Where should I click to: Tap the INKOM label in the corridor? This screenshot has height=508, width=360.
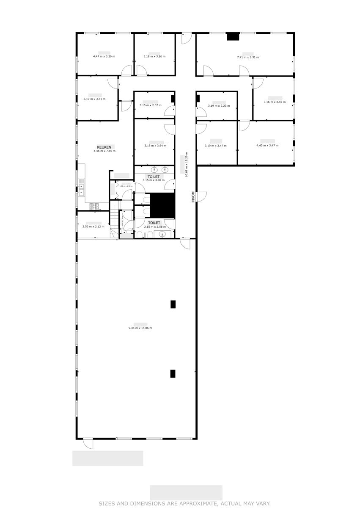pyautogui.click(x=193, y=197)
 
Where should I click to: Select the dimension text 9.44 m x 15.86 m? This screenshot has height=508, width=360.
pyautogui.click(x=140, y=328)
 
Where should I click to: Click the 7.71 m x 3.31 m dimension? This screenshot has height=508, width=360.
pyautogui.click(x=248, y=57)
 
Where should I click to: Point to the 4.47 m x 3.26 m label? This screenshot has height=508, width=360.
pyautogui.click(x=104, y=56)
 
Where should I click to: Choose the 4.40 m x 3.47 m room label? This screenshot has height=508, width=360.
pyautogui.click(x=267, y=146)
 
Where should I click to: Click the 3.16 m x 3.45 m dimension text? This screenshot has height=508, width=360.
pyautogui.click(x=275, y=102)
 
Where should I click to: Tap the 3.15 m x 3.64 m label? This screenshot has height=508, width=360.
pyautogui.click(x=155, y=146)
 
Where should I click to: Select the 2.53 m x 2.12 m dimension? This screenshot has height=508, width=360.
pyautogui.click(x=93, y=226)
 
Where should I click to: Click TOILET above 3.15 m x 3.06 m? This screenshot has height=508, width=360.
pyautogui.click(x=154, y=177)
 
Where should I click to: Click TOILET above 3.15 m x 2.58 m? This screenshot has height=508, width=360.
pyautogui.click(x=154, y=223)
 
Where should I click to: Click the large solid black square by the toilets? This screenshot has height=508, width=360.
pyautogui.click(x=163, y=204)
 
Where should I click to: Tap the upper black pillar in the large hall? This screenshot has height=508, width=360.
pyautogui.click(x=173, y=304)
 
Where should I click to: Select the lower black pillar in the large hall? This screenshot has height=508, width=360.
pyautogui.click(x=173, y=373)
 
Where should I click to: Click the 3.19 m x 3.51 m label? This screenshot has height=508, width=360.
pyautogui.click(x=95, y=99)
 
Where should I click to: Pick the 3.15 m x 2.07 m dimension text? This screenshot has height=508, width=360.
pyautogui.click(x=151, y=105)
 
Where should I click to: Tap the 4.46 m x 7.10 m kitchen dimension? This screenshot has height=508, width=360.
pyautogui.click(x=104, y=151)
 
